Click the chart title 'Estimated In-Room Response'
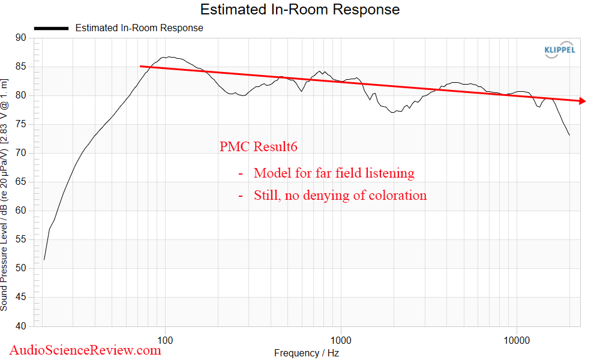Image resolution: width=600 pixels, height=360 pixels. coord(299,10)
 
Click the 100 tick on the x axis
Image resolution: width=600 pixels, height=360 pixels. coord(166,341)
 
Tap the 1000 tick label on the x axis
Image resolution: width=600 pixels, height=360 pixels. coord(341,341)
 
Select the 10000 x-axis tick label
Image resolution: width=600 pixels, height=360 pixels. coord(517,341)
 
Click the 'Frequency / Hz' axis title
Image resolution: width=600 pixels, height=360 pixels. coord(306,353)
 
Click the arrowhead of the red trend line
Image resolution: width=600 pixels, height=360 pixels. coord(582,101)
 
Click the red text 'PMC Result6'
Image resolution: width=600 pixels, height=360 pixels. coord(259,146)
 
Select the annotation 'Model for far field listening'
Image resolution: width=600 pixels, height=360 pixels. coord(334,173)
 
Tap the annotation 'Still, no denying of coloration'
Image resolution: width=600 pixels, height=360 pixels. coord(340,195)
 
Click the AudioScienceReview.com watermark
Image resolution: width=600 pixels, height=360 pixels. coord(85,349)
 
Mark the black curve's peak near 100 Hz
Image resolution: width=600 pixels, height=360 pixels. coord(169,57)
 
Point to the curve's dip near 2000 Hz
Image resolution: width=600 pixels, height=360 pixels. coord(394,112)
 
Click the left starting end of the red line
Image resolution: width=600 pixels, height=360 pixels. coord(140,67)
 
